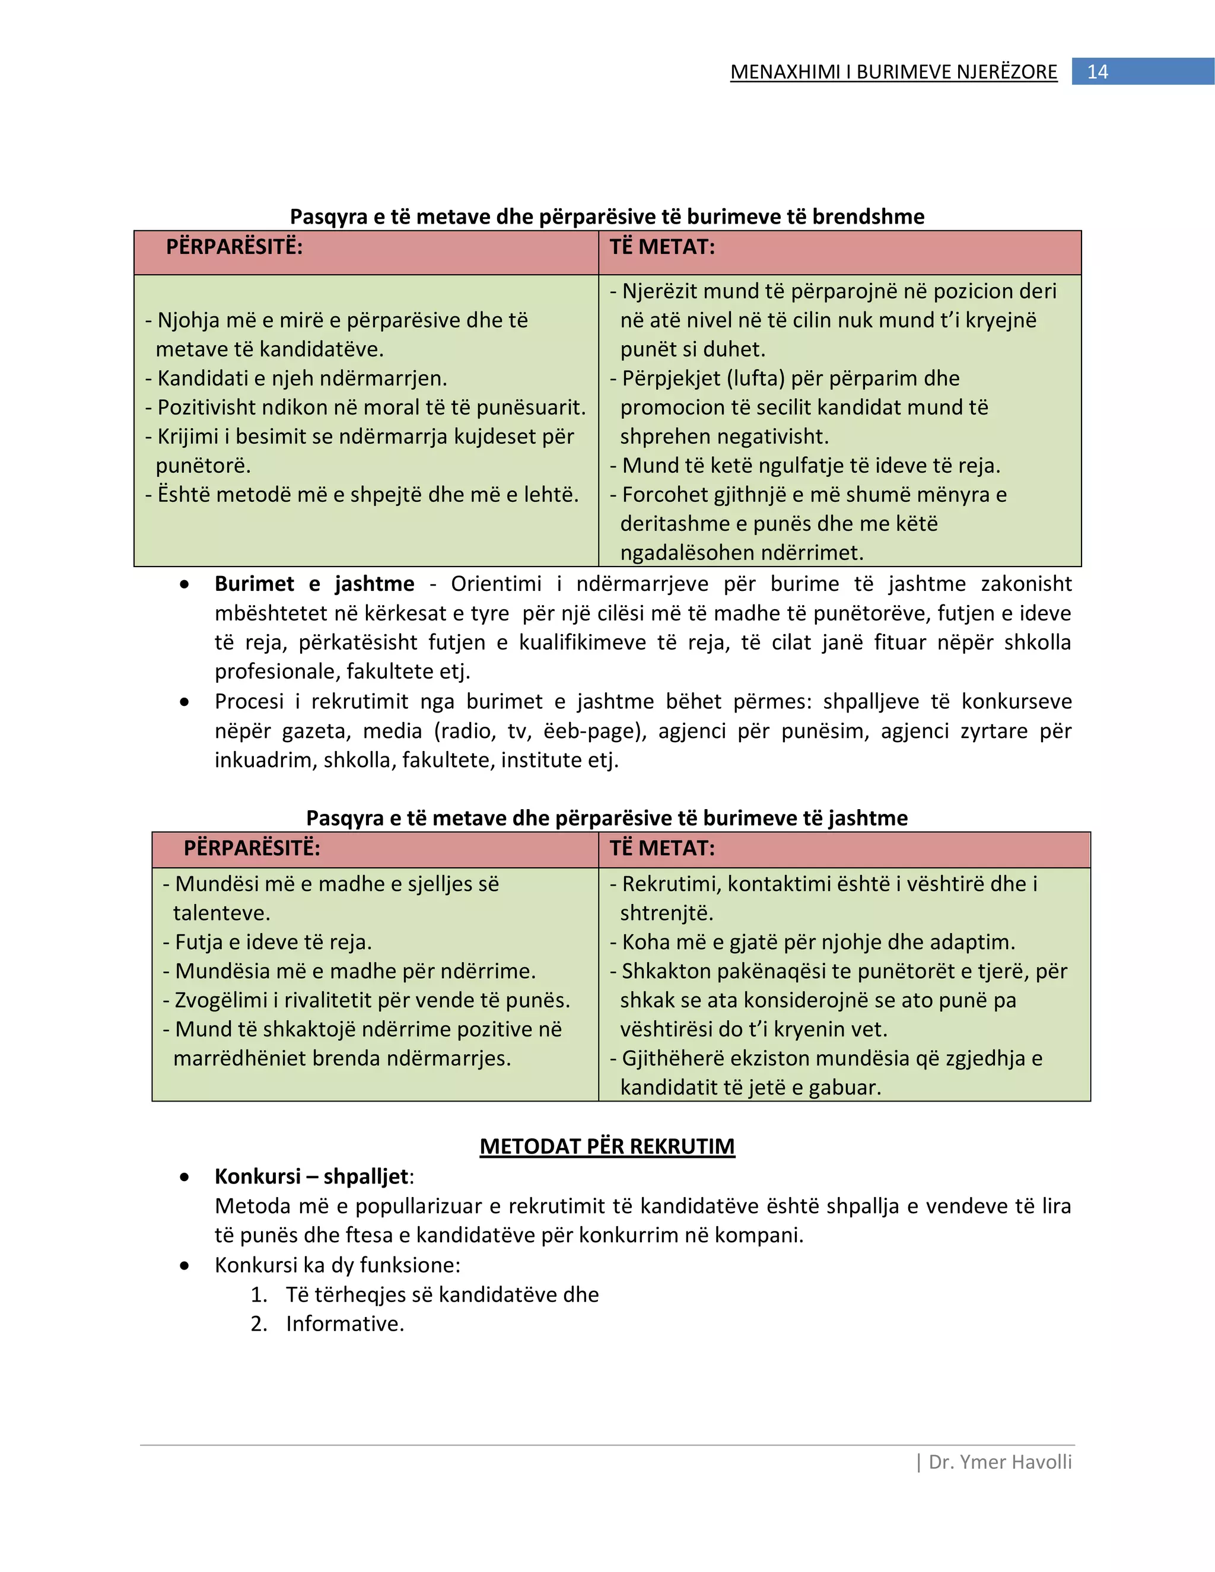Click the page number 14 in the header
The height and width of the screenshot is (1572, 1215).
[x=1097, y=72]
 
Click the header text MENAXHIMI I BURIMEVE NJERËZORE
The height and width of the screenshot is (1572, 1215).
[x=893, y=72]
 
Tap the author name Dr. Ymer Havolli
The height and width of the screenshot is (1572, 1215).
[x=1000, y=1462]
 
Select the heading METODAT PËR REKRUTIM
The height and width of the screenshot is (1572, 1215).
[x=607, y=1147]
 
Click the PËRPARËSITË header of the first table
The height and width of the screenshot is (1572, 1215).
[x=234, y=247]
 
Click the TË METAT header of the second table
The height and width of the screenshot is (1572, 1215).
[x=662, y=848]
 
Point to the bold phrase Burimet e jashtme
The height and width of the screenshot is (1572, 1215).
[x=314, y=584]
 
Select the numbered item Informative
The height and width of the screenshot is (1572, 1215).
[x=345, y=1323]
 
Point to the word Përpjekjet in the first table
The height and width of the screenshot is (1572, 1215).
[x=672, y=378]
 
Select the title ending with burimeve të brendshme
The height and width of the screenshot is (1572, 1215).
[x=607, y=217]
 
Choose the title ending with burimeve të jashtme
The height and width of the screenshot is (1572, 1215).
[x=607, y=819]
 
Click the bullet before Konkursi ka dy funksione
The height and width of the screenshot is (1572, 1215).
[x=185, y=1265]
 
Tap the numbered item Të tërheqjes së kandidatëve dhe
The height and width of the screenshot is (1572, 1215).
[x=442, y=1295]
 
